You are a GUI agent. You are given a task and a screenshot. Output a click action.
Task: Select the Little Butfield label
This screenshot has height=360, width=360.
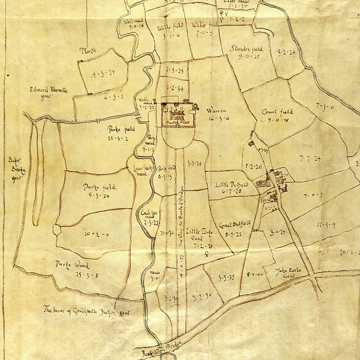point(232,184)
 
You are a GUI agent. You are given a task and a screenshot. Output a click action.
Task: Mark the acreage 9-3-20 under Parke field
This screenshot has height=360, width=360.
point(97,196)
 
